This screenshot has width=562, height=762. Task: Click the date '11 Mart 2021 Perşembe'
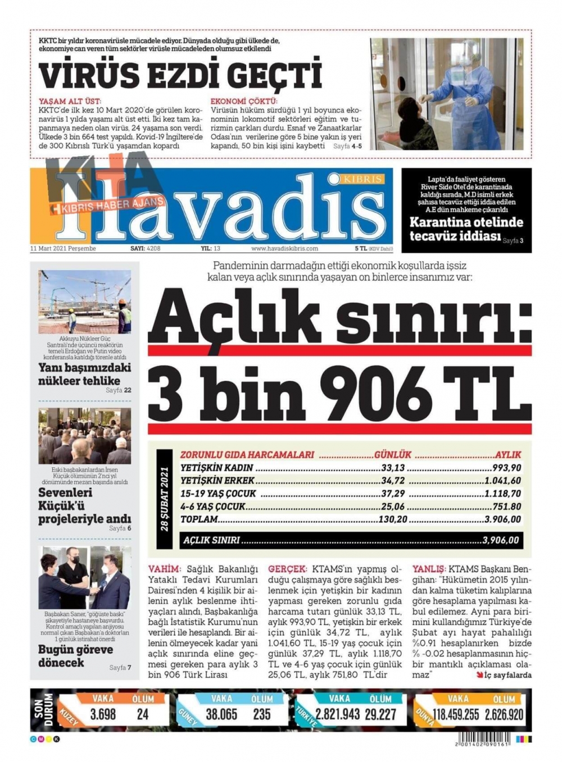tap(63, 248)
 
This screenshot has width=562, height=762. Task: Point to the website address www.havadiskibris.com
tap(284, 248)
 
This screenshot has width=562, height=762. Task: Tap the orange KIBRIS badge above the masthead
tap(362, 179)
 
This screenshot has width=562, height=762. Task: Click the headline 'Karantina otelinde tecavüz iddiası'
tap(466, 229)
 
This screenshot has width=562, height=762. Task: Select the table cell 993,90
tap(506, 468)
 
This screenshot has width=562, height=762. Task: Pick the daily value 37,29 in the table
tap(392, 494)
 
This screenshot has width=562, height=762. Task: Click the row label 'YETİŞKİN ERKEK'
tap(217, 481)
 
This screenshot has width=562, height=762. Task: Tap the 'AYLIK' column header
tap(507, 455)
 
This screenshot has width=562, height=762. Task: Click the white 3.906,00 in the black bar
tap(500, 540)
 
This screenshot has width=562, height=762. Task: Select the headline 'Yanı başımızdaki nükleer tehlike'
tap(84, 374)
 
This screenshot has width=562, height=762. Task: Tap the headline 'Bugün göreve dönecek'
tap(75, 656)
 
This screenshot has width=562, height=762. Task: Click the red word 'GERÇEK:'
tap(287, 569)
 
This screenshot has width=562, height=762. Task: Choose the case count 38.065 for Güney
tap(221, 714)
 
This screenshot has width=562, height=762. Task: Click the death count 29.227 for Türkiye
tap(380, 714)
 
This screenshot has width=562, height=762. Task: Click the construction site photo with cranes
tap(84, 302)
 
